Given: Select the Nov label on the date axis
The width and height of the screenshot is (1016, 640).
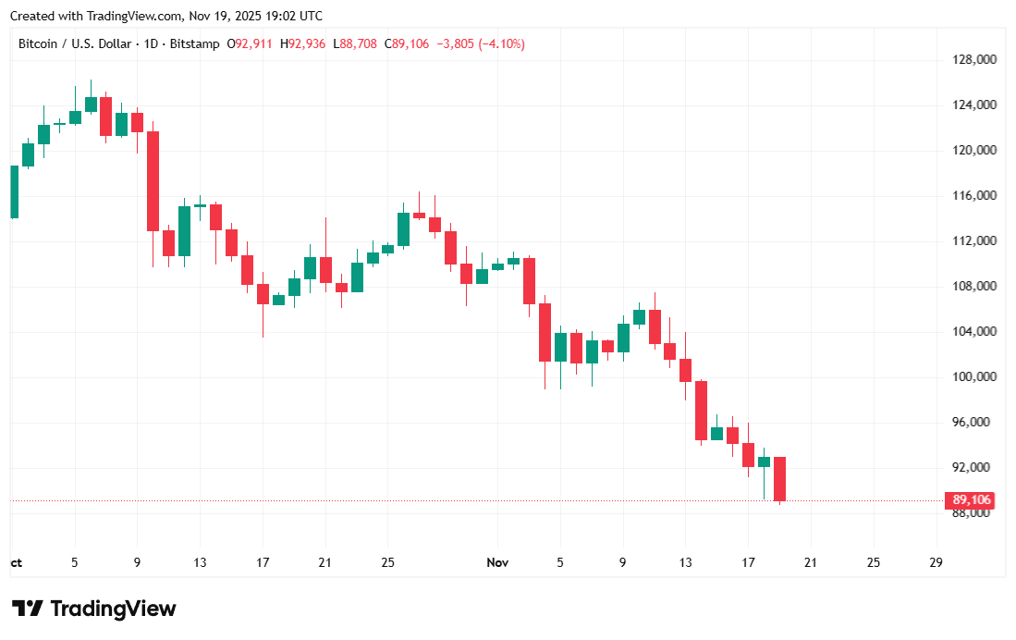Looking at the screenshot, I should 497,562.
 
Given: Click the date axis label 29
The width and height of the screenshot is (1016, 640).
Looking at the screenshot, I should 936,562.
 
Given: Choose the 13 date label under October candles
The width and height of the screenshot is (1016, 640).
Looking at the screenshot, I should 200,562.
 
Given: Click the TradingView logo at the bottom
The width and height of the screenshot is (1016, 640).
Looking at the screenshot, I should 93,609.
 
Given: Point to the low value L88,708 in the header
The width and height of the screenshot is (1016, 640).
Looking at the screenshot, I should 355,43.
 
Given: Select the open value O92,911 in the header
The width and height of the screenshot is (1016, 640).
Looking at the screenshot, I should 251,43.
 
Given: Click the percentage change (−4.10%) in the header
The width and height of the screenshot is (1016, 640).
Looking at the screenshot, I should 501,43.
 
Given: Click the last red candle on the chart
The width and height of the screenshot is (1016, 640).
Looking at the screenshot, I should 780,479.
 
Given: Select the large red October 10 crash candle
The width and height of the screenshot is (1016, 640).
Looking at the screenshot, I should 153,180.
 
